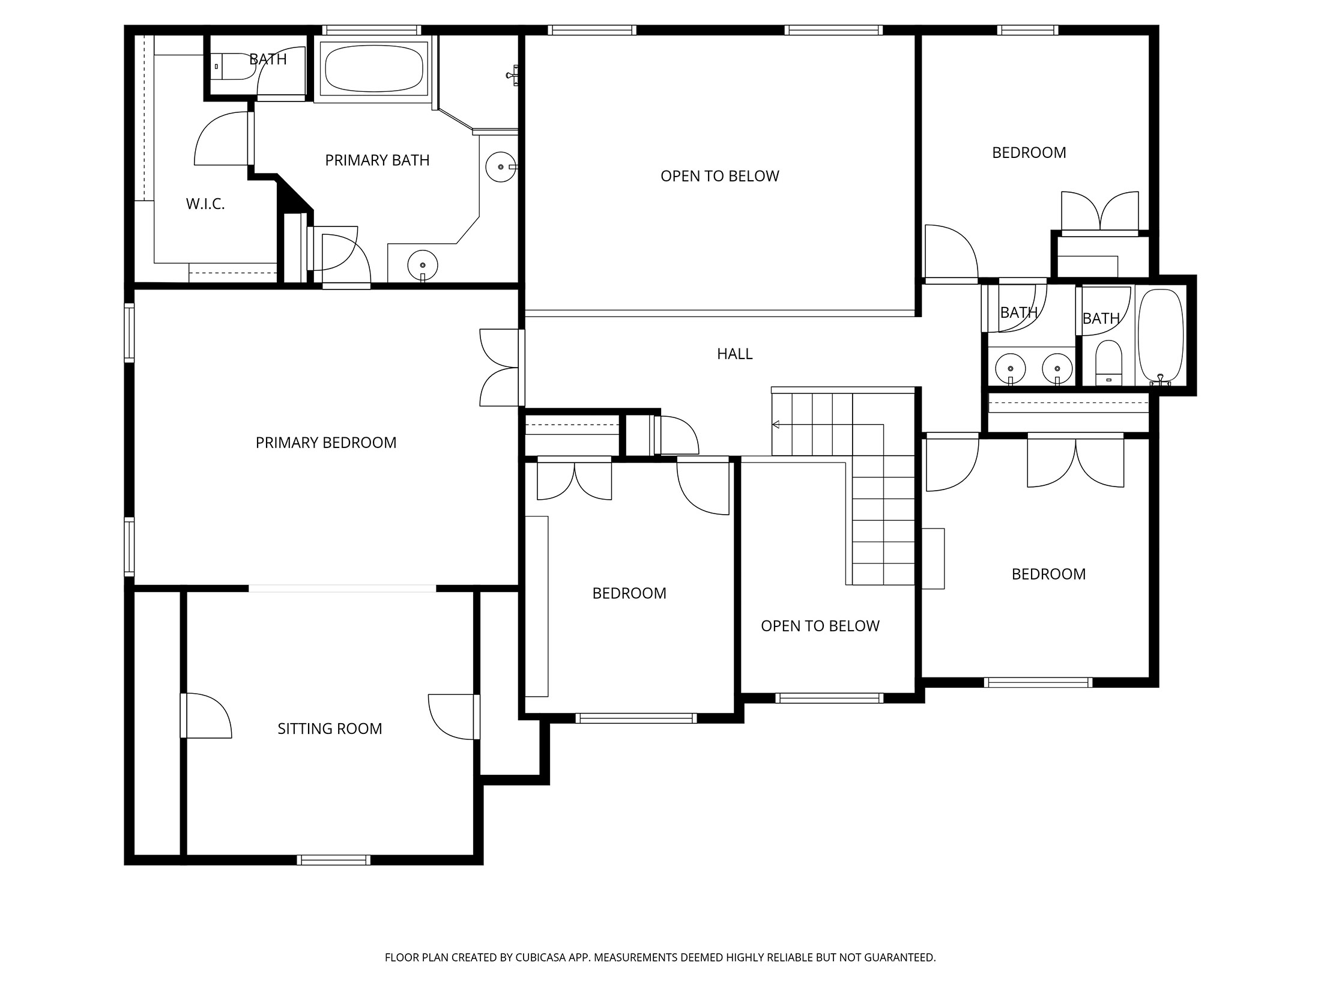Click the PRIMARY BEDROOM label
[326, 443]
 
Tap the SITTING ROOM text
[330, 729]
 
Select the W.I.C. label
[205, 204]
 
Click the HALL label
[734, 354]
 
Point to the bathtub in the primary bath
[373, 67]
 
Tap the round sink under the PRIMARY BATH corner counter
[423, 264]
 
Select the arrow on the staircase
[776, 425]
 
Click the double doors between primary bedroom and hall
[500, 368]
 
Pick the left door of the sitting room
[206, 715]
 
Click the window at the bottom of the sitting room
[334, 860]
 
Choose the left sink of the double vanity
[1011, 369]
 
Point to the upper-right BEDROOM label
[1029, 153]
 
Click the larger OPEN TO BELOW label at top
[719, 176]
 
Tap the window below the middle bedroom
[636, 718]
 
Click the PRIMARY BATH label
[377, 160]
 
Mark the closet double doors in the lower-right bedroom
[1075, 462]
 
